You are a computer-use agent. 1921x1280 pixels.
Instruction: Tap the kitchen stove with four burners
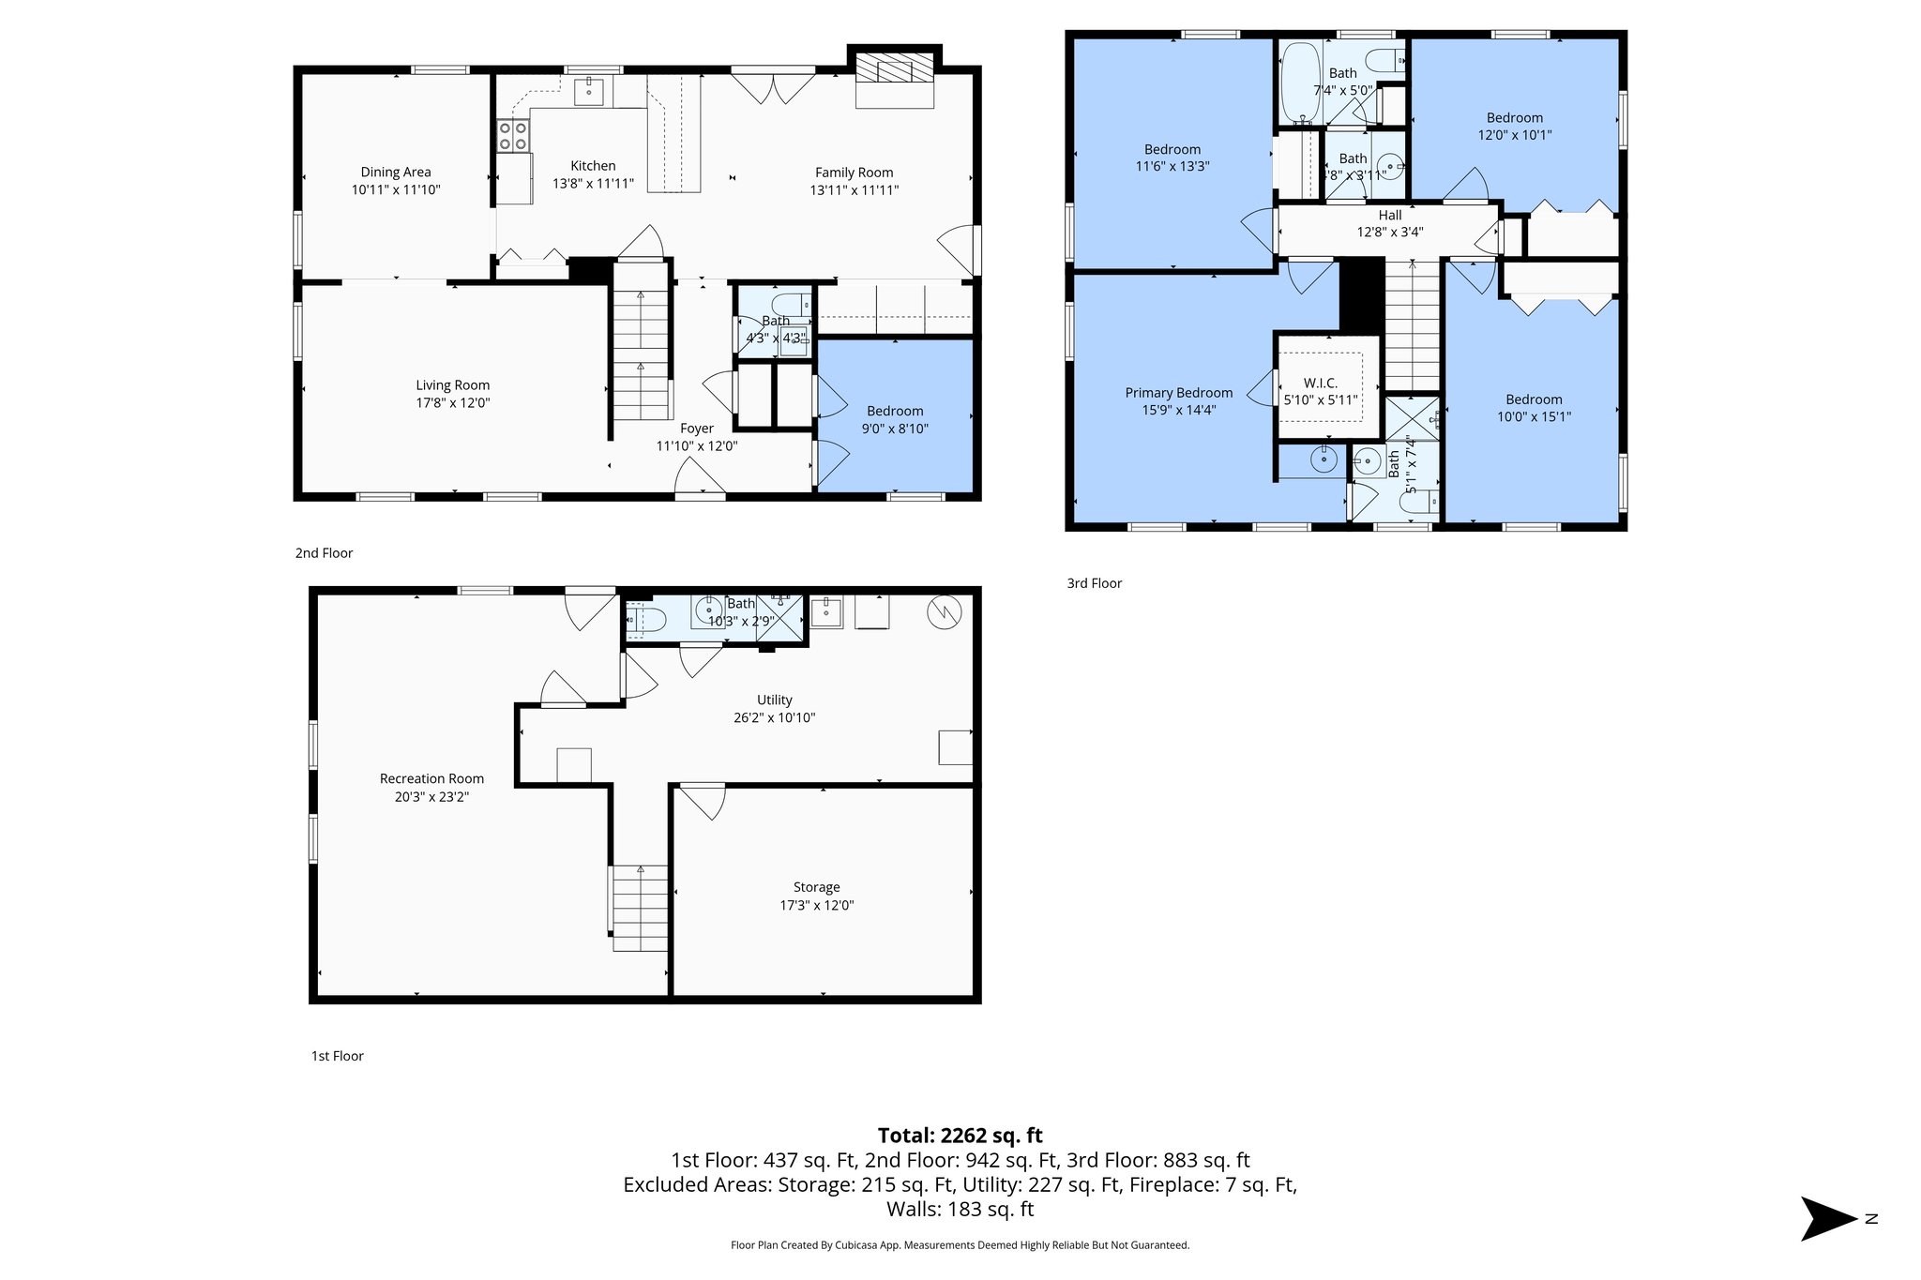[512, 136]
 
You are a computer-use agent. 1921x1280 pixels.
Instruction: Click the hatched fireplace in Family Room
[894, 68]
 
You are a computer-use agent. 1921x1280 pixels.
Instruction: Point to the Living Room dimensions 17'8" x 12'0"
[453, 403]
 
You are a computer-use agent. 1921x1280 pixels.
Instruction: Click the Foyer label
[697, 429]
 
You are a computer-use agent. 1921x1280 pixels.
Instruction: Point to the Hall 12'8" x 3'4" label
[1390, 223]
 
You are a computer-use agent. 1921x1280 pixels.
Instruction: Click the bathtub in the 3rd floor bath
[1300, 83]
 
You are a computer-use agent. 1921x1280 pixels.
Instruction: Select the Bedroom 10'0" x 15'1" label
[1534, 408]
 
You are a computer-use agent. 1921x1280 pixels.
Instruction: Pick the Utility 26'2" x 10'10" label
[774, 709]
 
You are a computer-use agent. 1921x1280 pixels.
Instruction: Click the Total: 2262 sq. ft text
[960, 1136]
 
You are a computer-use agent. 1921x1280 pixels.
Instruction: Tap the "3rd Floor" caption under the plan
[1094, 583]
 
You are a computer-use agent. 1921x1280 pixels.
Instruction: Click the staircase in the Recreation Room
[640, 908]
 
